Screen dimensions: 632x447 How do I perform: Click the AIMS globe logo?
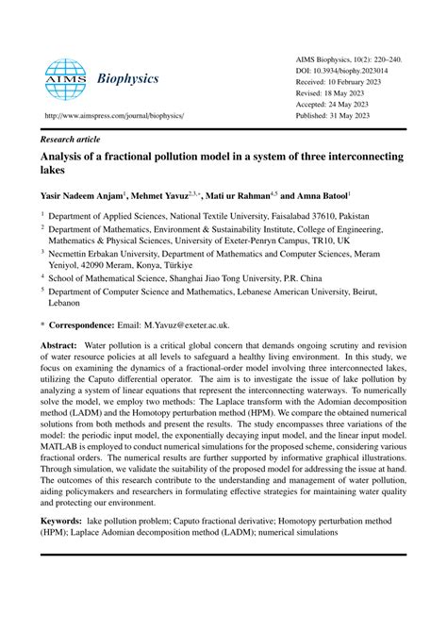click(65, 79)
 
